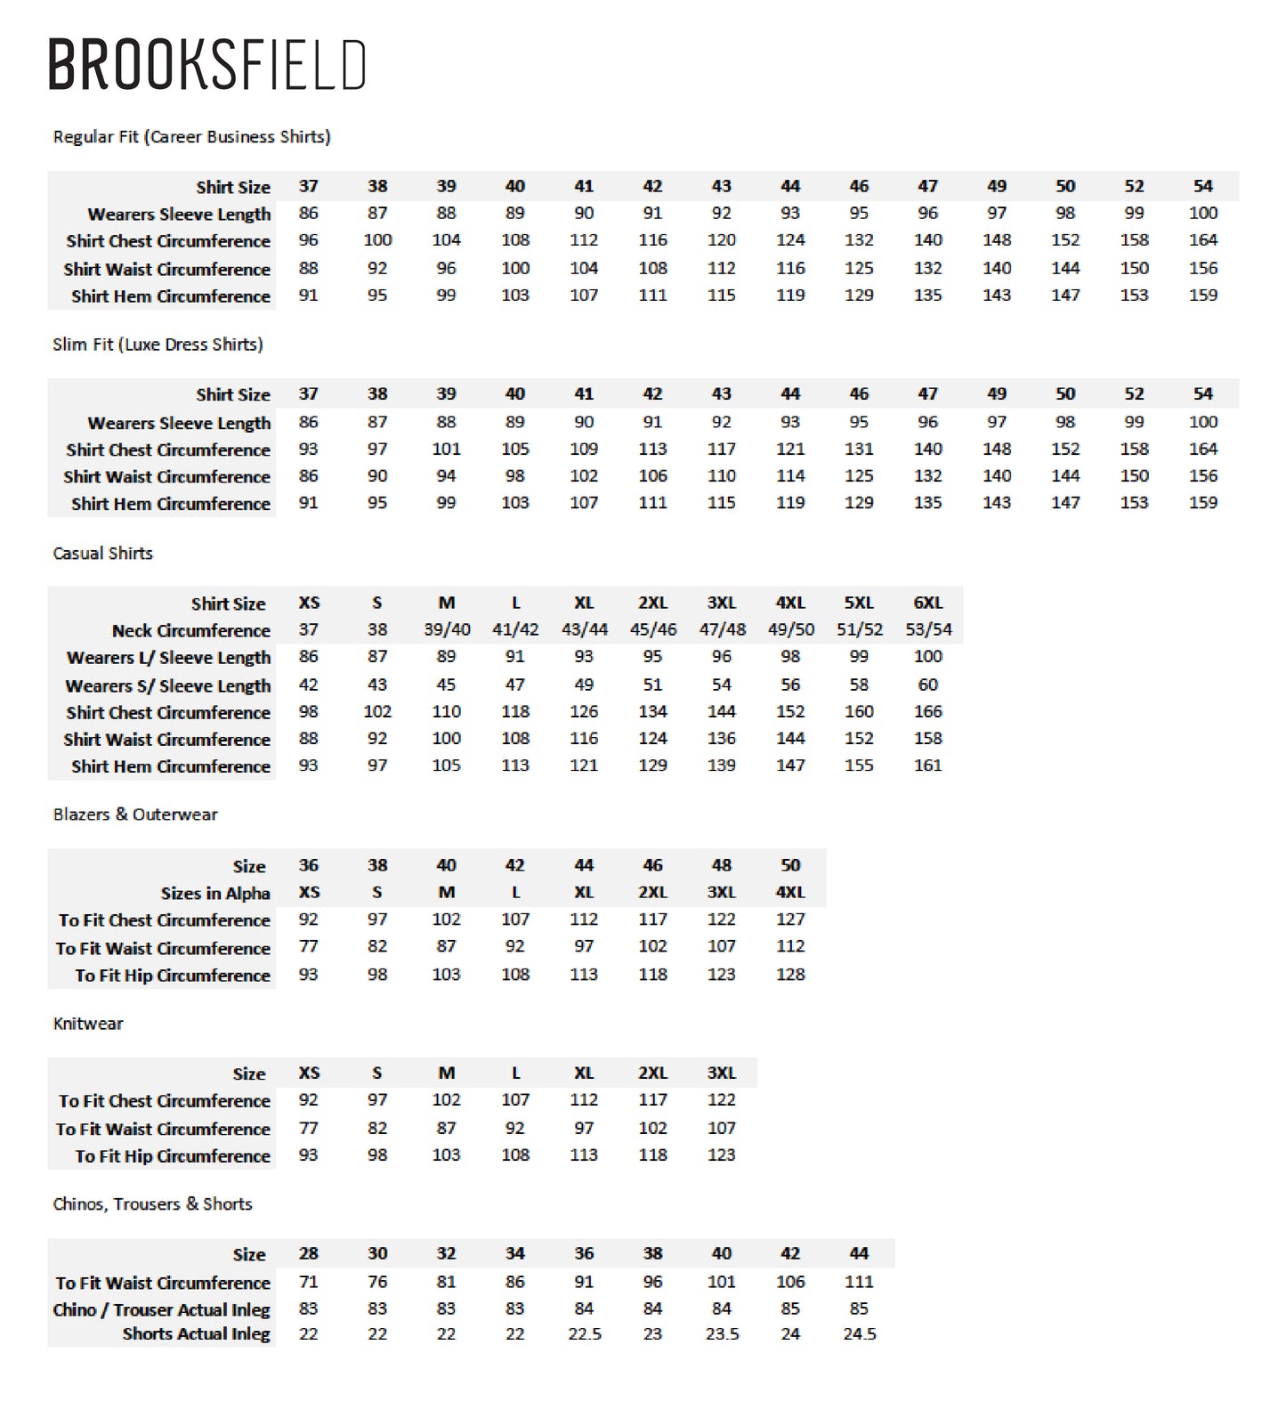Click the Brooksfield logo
pyautogui.click(x=206, y=64)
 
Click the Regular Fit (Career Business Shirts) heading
pyautogui.click(x=191, y=136)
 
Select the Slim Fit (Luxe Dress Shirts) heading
pyautogui.click(x=158, y=344)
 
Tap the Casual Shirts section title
pyautogui.click(x=102, y=553)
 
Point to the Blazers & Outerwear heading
pyautogui.click(x=135, y=814)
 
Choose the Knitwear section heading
pyautogui.click(x=88, y=1024)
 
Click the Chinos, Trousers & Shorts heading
pyautogui.click(x=152, y=1204)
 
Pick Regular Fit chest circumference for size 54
pyautogui.click(x=1202, y=240)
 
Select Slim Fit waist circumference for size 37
pyautogui.click(x=308, y=476)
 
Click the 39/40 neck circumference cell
pyautogui.click(x=446, y=629)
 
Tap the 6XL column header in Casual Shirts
pyautogui.click(x=927, y=603)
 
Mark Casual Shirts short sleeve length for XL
pyautogui.click(x=584, y=685)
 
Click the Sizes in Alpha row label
pyautogui.click(x=215, y=893)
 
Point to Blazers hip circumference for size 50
pyautogui.click(x=790, y=975)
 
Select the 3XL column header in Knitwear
pyautogui.click(x=721, y=1073)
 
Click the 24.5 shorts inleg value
pyautogui.click(x=859, y=1334)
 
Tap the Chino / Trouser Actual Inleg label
pyautogui.click(x=161, y=1309)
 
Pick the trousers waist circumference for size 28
pyautogui.click(x=308, y=1282)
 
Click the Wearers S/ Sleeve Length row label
pyautogui.click(x=167, y=685)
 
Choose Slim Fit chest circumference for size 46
pyautogui.click(x=859, y=450)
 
